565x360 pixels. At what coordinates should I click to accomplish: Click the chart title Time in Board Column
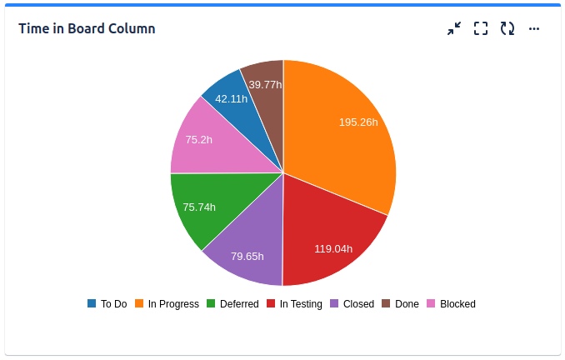click(x=87, y=28)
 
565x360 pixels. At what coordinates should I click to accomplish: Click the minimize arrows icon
click(x=454, y=28)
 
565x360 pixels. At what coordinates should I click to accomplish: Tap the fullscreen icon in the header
click(x=481, y=28)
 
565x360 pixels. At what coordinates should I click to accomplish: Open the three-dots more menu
click(x=534, y=28)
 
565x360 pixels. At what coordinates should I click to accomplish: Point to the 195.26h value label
click(x=358, y=122)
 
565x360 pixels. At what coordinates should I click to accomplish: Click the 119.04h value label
click(x=333, y=248)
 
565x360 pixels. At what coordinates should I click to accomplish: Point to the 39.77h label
click(x=265, y=84)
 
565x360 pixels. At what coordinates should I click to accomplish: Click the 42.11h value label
click(x=231, y=98)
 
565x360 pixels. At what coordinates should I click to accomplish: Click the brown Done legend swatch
click(x=386, y=303)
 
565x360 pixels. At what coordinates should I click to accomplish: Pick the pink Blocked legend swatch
click(x=431, y=303)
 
